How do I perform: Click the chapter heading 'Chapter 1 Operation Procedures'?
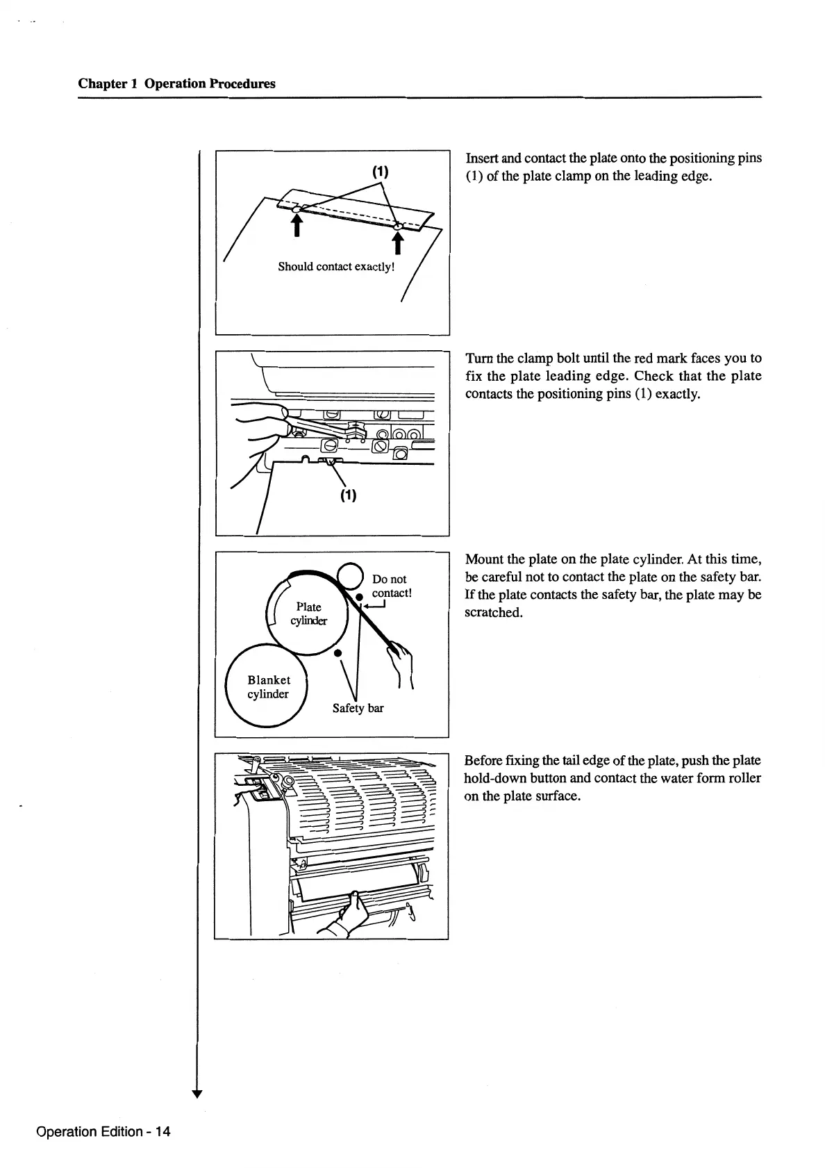point(176,84)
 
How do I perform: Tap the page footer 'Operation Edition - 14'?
point(103,1131)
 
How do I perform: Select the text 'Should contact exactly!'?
point(336,267)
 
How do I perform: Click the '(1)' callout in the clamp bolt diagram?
point(348,495)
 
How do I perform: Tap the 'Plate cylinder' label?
point(308,614)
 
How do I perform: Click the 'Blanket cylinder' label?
point(269,687)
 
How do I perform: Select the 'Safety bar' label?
point(358,708)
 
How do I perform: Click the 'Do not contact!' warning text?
point(392,586)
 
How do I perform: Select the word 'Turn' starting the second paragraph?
point(479,359)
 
